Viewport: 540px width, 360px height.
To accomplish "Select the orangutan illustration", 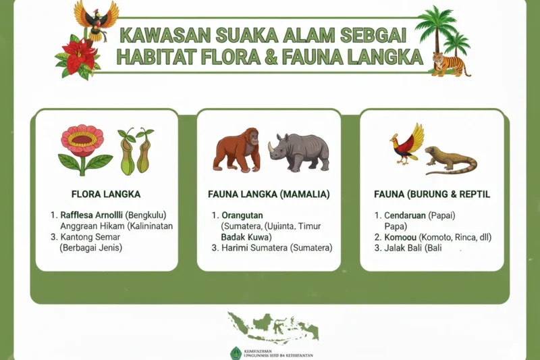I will pos(236,149).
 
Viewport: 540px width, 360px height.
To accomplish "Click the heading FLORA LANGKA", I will pos(105,195).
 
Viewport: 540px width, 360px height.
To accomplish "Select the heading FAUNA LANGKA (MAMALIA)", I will pos(269,195).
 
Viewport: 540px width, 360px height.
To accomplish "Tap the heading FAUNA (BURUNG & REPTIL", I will pos(432,195).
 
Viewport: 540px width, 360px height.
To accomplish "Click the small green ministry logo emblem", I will pos(236,353).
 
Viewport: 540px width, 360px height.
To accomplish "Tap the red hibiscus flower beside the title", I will pos(79,55).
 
